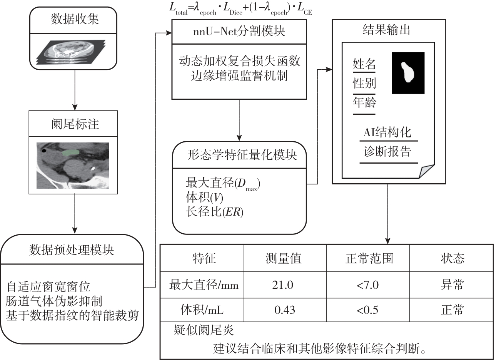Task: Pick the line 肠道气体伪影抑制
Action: tap(54, 301)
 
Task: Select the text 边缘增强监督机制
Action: tap(239, 75)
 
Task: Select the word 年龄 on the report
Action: tap(364, 103)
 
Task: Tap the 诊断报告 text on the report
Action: tap(387, 151)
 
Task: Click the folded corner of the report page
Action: tap(427, 171)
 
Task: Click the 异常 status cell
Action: tap(452, 285)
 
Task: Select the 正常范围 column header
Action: tap(367, 258)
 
